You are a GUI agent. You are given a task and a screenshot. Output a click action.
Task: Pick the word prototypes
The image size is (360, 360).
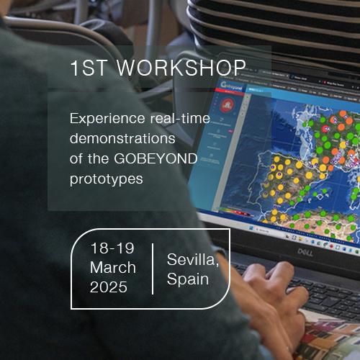coord(106,177)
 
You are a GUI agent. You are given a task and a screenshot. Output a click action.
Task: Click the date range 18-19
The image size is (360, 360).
coord(112,248)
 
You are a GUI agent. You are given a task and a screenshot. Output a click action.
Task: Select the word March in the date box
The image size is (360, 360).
coord(113,268)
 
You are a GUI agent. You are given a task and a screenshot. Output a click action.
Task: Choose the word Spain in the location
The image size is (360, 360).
coord(188,278)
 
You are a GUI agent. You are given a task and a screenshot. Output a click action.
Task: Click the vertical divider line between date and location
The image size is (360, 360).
coord(153,269)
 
